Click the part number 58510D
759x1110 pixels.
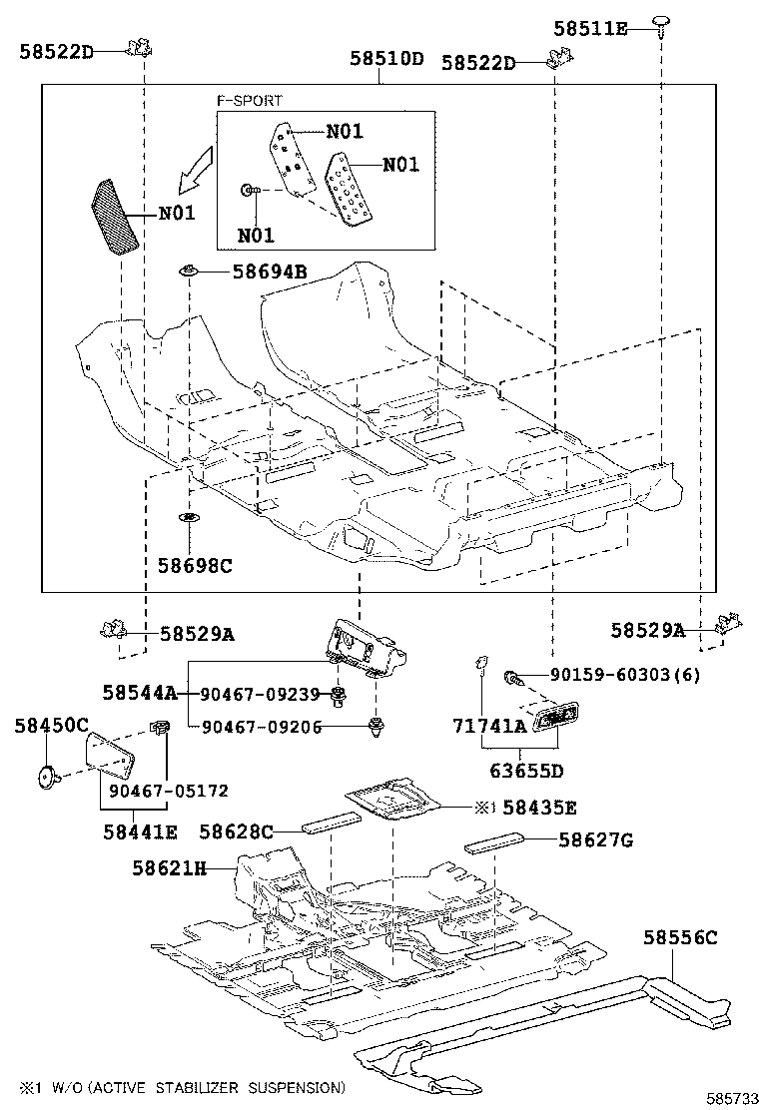(x=386, y=59)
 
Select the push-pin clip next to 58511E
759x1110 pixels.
(x=662, y=23)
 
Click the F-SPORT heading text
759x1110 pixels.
(x=250, y=101)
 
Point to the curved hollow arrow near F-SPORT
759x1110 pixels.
(x=195, y=168)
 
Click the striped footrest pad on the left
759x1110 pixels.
(x=117, y=219)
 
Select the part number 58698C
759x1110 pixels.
(x=194, y=565)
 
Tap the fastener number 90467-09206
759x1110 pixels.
(x=261, y=727)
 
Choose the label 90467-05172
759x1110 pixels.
(x=169, y=791)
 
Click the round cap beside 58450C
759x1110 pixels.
(x=46, y=775)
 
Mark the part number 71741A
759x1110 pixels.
(x=488, y=727)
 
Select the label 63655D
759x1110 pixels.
(x=526, y=771)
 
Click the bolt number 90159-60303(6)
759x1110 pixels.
(x=623, y=676)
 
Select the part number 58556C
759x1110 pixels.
(x=679, y=938)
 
